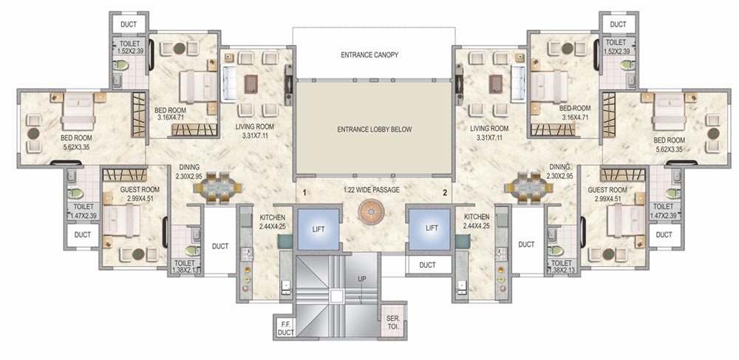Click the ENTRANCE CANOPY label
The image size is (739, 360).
point(369,55)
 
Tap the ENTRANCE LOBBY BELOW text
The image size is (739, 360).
point(374,129)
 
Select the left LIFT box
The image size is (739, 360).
point(318,229)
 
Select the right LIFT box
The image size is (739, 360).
point(429,229)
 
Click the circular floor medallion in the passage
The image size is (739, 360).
point(372,212)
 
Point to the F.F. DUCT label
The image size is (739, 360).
point(285,328)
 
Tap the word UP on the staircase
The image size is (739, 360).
point(361,279)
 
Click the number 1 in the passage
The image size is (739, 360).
point(304,192)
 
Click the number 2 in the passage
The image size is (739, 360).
point(444,192)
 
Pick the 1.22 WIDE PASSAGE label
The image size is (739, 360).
point(372,190)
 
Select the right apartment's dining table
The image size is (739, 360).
point(528,188)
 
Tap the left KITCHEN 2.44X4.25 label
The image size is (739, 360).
point(272,222)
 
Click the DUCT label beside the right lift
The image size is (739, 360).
point(427,265)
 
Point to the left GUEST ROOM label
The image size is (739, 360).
point(140,190)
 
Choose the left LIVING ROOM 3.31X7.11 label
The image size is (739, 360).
point(254,132)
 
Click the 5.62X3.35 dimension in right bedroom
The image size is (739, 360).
point(670,149)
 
